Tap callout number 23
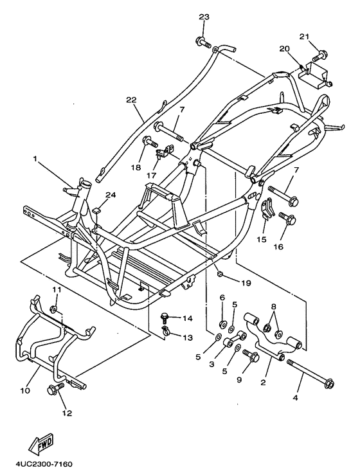click(204, 17)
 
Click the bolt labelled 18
click(150, 141)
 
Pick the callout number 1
click(35, 158)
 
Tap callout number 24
click(111, 195)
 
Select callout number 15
click(262, 240)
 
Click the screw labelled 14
click(165, 318)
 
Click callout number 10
click(25, 390)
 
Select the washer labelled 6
click(222, 324)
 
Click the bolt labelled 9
click(251, 355)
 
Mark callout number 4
click(295, 398)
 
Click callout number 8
click(274, 307)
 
